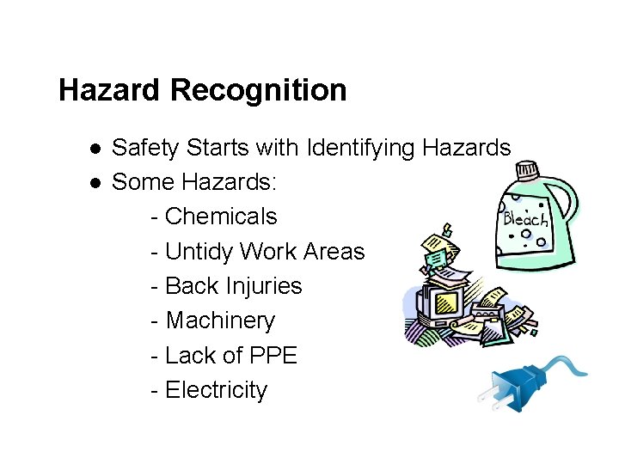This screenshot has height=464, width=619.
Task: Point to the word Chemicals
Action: click(x=221, y=217)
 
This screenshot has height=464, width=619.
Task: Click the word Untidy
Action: click(x=199, y=252)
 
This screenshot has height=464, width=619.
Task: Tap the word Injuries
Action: click(x=263, y=286)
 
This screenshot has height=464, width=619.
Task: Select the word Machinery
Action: click(x=220, y=321)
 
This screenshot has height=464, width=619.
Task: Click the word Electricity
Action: click(x=216, y=390)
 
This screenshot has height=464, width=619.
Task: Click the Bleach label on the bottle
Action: click(x=524, y=218)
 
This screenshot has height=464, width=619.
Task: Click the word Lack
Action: click(x=189, y=356)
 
